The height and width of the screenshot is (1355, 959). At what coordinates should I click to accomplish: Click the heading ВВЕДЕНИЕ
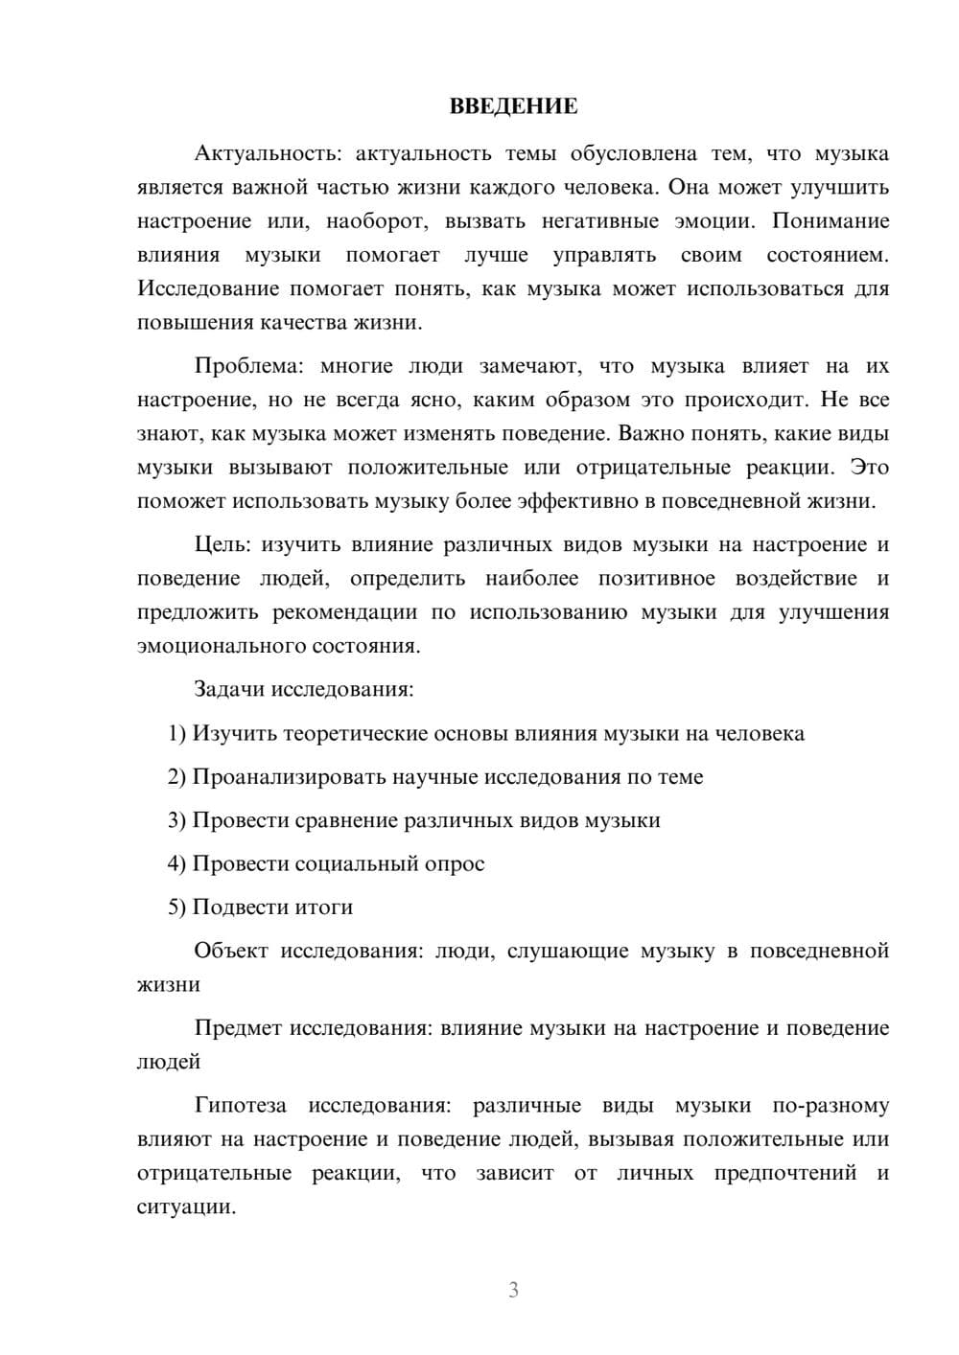coord(513,106)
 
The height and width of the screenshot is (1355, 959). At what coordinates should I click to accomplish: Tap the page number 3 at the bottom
coord(513,1290)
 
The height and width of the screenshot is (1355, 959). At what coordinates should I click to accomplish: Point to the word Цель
coord(222,545)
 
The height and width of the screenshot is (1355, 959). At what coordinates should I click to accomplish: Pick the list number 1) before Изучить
coord(176,734)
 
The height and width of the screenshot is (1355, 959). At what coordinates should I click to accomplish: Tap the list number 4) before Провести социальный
coord(176,864)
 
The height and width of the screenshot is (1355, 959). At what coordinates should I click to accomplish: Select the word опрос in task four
coord(456,864)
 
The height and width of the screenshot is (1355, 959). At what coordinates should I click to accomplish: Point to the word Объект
coord(232,951)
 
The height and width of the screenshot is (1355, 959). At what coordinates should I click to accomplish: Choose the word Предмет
coord(238,1028)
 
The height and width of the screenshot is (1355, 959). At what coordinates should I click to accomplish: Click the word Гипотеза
coord(240,1106)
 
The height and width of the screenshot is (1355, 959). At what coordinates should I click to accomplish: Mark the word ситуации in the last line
coord(185,1206)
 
